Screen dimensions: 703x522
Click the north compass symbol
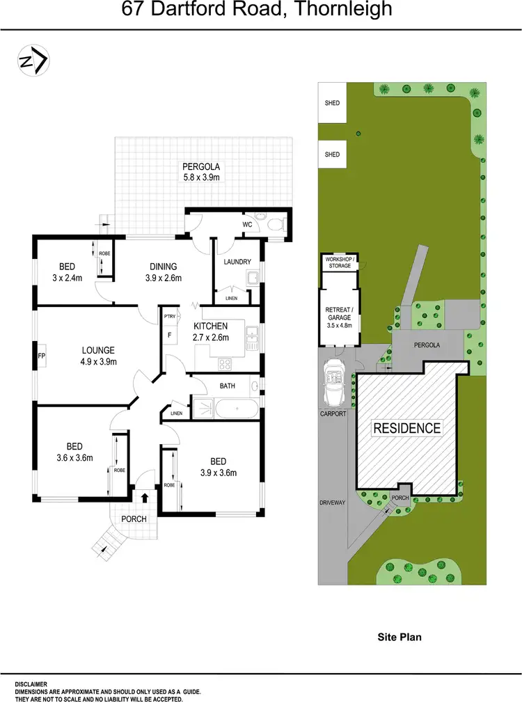(x=32, y=61)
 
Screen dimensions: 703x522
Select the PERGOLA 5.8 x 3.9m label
(x=201, y=172)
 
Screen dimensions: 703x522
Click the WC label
(x=247, y=224)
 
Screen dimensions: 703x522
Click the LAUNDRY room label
(x=237, y=262)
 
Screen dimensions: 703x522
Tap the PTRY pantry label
(x=169, y=317)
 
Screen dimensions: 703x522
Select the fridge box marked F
(x=169, y=335)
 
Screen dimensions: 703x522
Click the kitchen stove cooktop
(x=226, y=363)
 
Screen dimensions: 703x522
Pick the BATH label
(x=228, y=385)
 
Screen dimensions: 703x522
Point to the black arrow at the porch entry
(x=145, y=497)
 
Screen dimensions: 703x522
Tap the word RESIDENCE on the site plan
(x=406, y=427)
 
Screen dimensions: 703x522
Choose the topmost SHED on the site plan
(x=332, y=103)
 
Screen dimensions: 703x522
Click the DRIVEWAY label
(x=333, y=501)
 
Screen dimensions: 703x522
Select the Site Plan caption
(x=400, y=636)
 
